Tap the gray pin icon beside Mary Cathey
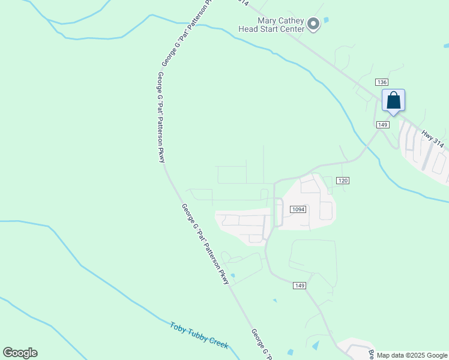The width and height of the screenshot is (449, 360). coord(313,24)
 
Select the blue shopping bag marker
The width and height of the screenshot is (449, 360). coord(393,100)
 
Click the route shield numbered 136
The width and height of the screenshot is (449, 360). coord(382,82)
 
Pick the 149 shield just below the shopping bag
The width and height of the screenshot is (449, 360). coord(383,124)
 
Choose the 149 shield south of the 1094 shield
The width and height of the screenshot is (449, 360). coord(300,286)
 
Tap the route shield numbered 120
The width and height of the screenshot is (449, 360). coord(343,181)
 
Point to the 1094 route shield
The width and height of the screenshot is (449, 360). coord(298,209)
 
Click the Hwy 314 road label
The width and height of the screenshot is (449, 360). coord(432,140)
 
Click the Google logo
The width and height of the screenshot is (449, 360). coord(20,353)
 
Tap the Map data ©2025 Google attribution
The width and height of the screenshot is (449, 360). coord(412,355)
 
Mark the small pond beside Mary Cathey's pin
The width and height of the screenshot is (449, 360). coord(326,20)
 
